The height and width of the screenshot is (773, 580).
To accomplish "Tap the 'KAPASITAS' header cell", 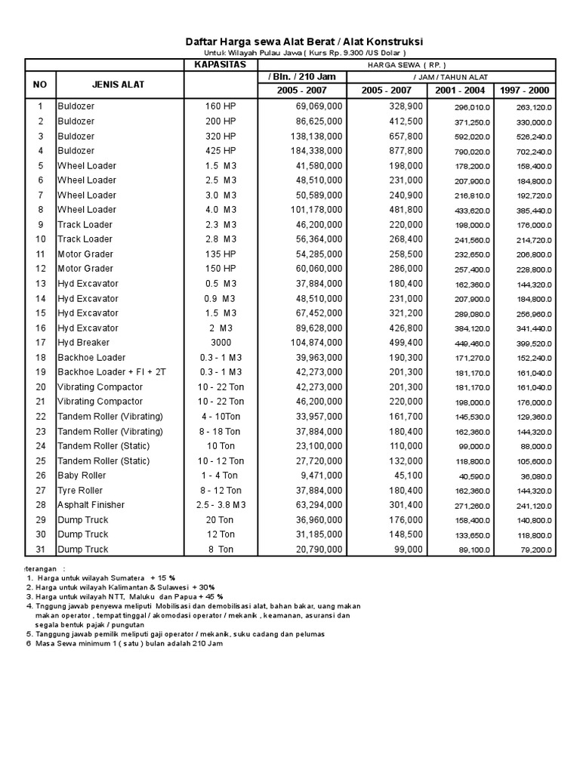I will (221, 65).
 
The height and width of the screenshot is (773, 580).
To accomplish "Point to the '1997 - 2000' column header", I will (525, 91).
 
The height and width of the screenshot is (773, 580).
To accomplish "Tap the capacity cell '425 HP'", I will (221, 151).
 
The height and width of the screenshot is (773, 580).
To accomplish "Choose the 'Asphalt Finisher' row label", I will (91, 505).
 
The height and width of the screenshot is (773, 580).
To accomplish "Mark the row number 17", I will (41, 343).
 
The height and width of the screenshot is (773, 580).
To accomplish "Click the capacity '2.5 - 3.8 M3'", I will (221, 505).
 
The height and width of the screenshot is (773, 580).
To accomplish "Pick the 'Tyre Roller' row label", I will (82, 490).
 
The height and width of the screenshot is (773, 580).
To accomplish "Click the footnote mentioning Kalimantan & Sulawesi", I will (121, 587).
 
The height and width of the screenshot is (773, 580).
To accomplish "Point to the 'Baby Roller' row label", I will (82, 476).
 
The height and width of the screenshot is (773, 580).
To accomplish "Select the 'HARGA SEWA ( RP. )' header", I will (407, 65).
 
